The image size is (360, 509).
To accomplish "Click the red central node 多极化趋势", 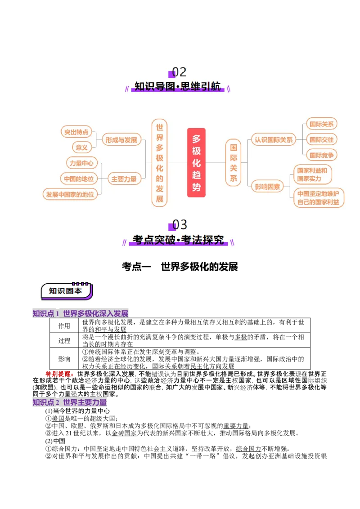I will point(196,163).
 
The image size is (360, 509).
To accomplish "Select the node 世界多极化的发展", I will point(159,163).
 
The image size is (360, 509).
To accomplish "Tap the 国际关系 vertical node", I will point(233,163).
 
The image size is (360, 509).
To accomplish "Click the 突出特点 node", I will point(76,132).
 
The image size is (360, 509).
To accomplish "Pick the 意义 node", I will point(81,147).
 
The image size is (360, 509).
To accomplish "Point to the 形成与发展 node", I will point(121,140).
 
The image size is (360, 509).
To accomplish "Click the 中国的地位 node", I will point(78,179).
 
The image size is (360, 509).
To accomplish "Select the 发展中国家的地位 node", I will point(70,194).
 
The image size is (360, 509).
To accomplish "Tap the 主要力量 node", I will point(124,179).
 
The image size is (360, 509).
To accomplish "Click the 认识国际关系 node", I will point(273,140).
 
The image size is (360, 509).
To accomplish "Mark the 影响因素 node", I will point(267,186).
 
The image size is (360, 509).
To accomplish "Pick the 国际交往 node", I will point(322,139).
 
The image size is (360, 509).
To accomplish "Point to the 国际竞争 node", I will point(322,155).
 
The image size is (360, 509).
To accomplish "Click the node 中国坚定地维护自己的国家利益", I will point(318,198).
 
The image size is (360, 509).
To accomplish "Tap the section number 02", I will point(179,72).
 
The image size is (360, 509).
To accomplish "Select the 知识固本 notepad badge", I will point(66,291).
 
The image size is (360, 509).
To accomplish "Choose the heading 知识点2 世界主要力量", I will point(70,402).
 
